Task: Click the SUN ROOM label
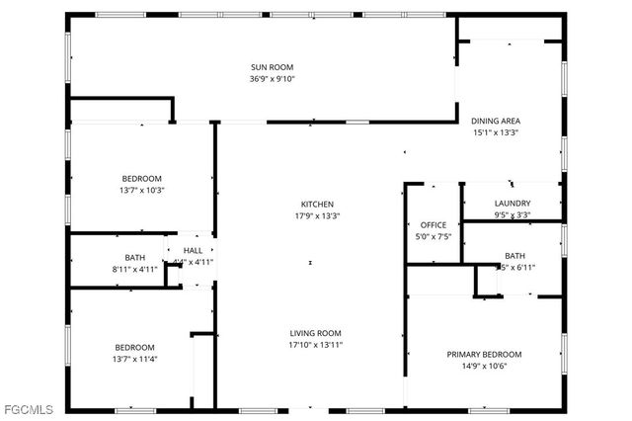(273, 67)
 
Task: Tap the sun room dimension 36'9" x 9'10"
(273, 79)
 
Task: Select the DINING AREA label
(495, 120)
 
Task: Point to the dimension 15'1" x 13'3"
(495, 131)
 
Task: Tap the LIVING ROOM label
(315, 333)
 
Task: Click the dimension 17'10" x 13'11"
(315, 345)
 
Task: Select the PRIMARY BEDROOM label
(484, 354)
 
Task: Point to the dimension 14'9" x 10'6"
(484, 366)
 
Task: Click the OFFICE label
(434, 225)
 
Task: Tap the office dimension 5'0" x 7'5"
(434, 237)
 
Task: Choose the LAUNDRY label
(513, 204)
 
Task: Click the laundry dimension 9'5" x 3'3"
(513, 214)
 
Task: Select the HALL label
(194, 251)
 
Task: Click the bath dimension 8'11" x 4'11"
(134, 269)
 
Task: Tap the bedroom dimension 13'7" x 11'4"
(134, 359)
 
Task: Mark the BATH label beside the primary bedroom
(514, 255)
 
